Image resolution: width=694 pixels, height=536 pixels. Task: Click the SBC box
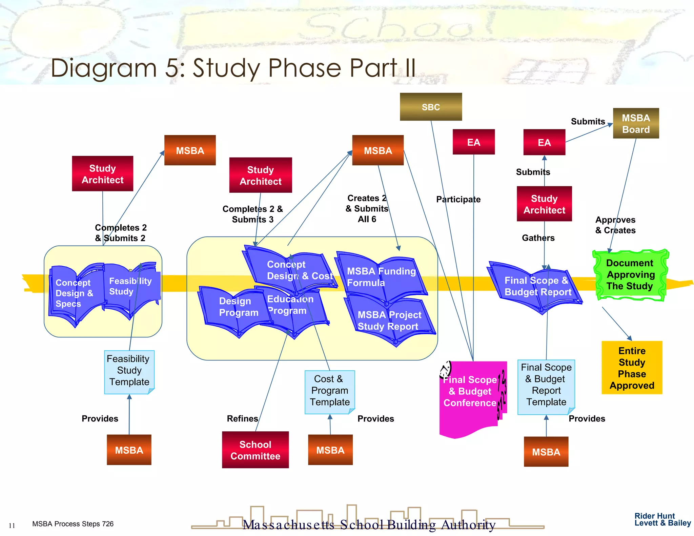pyautogui.click(x=431, y=107)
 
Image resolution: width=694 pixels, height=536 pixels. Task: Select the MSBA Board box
pyautogui.click(x=636, y=123)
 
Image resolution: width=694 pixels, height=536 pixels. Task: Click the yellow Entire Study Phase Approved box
pyautogui.click(x=632, y=368)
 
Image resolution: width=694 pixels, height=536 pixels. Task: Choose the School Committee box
pyautogui.click(x=255, y=450)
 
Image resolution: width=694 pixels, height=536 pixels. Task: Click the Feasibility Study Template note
pyautogui.click(x=129, y=372)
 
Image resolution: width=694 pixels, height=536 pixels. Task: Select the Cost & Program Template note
pyautogui.click(x=329, y=392)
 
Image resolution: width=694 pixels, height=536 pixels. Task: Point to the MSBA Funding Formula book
pyautogui.click(x=381, y=277)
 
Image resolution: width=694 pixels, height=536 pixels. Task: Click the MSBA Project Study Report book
pyautogui.click(x=390, y=321)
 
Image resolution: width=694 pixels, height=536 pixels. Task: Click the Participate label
pyautogui.click(x=458, y=199)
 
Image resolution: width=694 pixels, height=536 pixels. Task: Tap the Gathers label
pyautogui.click(x=538, y=238)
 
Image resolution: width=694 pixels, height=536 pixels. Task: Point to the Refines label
pyautogui.click(x=242, y=419)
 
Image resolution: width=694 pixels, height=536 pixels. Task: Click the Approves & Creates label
pyautogui.click(x=615, y=225)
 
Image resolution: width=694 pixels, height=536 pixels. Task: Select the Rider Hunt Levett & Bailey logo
pyautogui.click(x=662, y=519)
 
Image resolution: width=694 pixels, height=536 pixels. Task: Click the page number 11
pyautogui.click(x=12, y=525)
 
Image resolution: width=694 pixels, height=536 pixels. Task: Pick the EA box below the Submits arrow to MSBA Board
pyautogui.click(x=544, y=142)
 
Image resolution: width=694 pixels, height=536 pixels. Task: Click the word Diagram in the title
pyautogui.click(x=104, y=68)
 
